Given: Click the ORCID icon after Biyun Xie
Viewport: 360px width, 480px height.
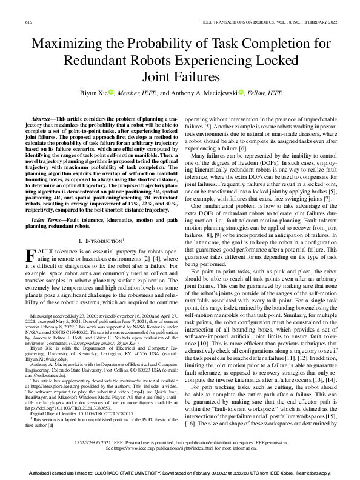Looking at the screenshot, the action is (x=112, y=93).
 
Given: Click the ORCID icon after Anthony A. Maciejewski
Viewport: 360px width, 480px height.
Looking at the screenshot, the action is (x=241, y=93).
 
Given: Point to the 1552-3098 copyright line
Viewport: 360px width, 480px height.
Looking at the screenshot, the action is (x=179, y=443).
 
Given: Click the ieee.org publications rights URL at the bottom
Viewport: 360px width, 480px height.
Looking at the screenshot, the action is (x=164, y=449).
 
